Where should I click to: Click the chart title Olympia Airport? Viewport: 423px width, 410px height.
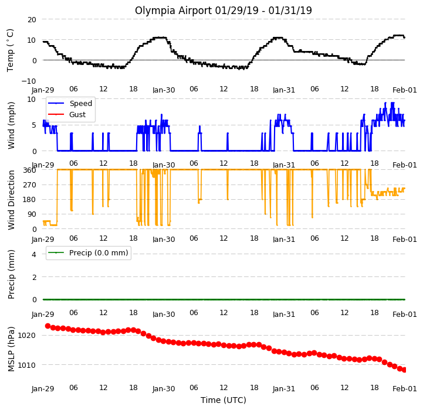tap(173, 11)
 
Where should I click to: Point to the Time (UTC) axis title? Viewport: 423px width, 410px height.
tap(224, 400)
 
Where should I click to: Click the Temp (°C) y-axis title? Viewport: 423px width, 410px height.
tap(10, 50)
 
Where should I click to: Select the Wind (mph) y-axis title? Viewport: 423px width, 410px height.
tap(11, 125)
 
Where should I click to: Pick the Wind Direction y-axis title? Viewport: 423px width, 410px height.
tap(11, 200)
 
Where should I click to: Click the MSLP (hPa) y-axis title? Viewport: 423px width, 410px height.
tap(11, 349)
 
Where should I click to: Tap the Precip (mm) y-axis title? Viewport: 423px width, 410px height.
tap(11, 274)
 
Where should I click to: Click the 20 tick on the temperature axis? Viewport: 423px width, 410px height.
tap(32, 20)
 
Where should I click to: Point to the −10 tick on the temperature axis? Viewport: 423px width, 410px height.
tap(29, 81)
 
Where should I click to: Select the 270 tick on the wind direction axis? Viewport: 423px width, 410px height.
tap(30, 185)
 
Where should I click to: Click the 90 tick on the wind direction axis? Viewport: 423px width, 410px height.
tap(32, 214)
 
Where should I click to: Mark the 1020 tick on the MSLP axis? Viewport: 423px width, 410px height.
tap(27, 336)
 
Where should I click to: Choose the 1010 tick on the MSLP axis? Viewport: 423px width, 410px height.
tap(27, 365)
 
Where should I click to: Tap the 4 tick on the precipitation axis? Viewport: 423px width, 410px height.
tap(34, 254)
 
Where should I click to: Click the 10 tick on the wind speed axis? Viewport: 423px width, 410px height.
tap(32, 100)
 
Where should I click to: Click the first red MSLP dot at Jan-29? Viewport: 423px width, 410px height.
tap(48, 326)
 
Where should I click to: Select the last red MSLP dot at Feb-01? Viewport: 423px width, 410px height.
tap(404, 370)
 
